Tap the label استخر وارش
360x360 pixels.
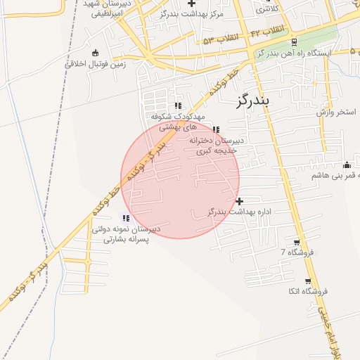(337, 112)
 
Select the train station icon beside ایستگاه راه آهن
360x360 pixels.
(293, 41)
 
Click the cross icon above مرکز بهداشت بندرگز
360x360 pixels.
(191, 4)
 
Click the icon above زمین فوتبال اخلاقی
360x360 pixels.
(96, 52)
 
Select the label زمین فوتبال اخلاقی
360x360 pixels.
(95, 63)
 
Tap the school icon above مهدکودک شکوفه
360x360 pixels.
(178, 105)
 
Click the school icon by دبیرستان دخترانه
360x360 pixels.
(215, 129)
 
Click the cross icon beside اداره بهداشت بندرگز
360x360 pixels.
(240, 201)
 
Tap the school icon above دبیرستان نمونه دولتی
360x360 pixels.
(125, 218)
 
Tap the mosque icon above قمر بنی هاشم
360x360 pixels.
(346, 165)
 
